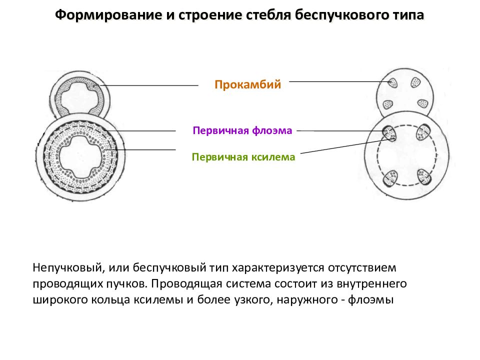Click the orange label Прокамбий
point(247,84)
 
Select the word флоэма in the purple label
point(272,130)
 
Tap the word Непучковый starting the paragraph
point(67,268)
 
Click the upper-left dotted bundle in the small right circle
point(393,82)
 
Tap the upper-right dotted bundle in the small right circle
point(415,82)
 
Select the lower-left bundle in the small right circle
point(388,104)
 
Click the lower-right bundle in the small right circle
point(423,104)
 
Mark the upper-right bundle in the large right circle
point(423,132)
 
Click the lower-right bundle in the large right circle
point(424,177)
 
